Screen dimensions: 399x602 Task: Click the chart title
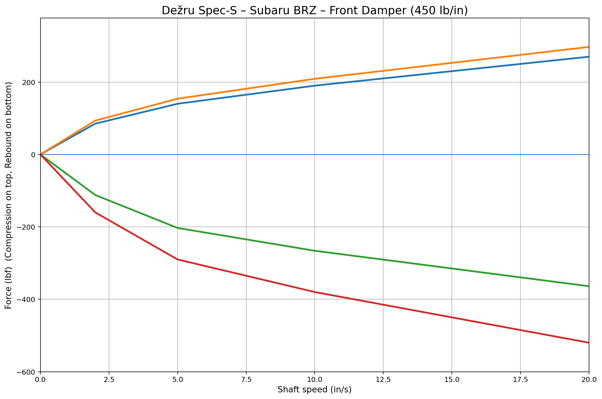click(315, 11)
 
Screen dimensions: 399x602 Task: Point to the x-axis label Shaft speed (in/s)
click(315, 390)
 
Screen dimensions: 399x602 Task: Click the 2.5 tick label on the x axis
click(109, 379)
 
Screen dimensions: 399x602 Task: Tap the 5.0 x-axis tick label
click(177, 379)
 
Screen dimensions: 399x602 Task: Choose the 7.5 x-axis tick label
click(246, 379)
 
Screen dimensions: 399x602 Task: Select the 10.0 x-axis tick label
click(315, 379)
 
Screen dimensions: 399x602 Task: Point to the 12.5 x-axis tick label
click(383, 379)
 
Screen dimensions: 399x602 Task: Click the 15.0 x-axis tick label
click(451, 379)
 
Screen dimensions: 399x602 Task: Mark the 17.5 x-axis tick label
click(520, 379)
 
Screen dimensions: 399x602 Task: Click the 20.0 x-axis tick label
click(588, 379)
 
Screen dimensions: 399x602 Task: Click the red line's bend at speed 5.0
click(177, 259)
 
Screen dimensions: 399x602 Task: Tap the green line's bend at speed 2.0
click(95, 195)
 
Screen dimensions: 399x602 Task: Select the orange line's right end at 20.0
click(588, 47)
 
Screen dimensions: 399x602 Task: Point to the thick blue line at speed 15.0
click(451, 71)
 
